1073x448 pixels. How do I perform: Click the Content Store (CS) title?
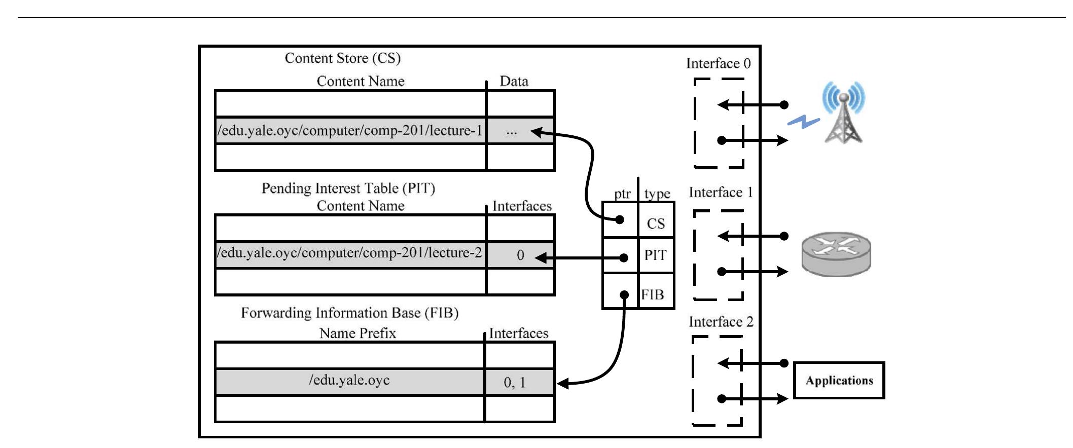coord(342,58)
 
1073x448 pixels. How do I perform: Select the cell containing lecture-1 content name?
coord(350,131)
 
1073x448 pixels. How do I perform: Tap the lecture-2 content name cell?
coord(350,253)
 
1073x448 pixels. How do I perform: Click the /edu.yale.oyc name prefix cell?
coord(349,381)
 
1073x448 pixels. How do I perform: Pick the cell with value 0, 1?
coord(515,383)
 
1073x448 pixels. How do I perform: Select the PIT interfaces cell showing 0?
coord(520,255)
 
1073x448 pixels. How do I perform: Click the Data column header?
coord(514,82)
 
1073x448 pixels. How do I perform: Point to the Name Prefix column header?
coord(357,333)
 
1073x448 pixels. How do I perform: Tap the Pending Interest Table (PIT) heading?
coord(348,189)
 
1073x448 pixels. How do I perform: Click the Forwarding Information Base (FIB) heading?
coord(349,313)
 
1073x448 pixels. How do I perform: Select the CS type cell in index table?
coord(656,223)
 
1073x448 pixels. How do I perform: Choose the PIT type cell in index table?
coord(656,255)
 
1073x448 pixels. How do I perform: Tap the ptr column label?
coord(622,194)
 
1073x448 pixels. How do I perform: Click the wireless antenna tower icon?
coord(844,113)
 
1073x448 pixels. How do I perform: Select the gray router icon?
coord(836,254)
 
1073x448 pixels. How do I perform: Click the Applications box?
coord(839,381)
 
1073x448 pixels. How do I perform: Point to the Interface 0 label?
coord(718,64)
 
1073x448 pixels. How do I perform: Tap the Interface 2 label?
coord(721,322)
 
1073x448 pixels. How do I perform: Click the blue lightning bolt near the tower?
coord(803,122)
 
